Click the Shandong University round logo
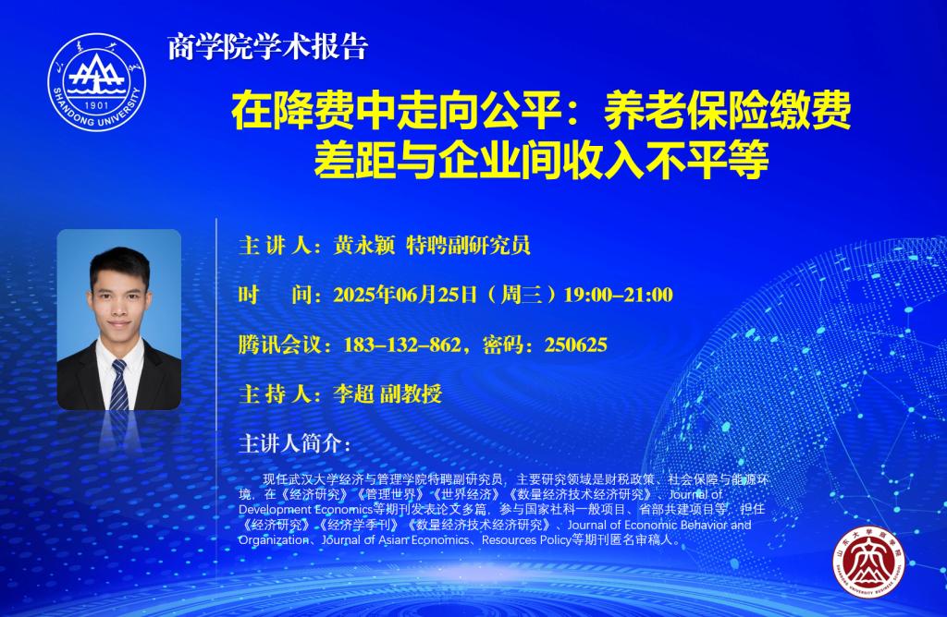pos(96,81)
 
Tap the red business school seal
pos(869,562)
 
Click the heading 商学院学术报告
pos(267,47)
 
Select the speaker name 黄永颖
pos(364,246)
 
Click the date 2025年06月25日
pos(405,295)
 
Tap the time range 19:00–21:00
pos(618,295)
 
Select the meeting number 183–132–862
pos(401,345)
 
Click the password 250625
pos(575,345)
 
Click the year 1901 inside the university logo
pos(96,105)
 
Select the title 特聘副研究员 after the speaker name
pos(468,246)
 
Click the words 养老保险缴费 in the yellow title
pos(727,110)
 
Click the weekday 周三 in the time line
pos(521,295)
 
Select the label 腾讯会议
pos(279,345)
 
